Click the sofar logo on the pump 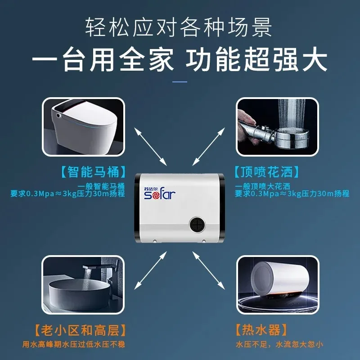[160, 193]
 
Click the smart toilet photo [83, 127]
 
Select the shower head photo [277, 127]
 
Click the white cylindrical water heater [280, 279]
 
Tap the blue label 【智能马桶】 [94, 172]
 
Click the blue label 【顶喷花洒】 [266, 172]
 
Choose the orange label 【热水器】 [261, 330]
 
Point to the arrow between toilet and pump [150, 147]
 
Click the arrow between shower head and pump [208, 147]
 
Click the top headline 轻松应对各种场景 [179, 28]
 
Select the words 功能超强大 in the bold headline [256, 59]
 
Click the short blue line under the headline [180, 82]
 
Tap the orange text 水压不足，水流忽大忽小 [279, 344]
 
